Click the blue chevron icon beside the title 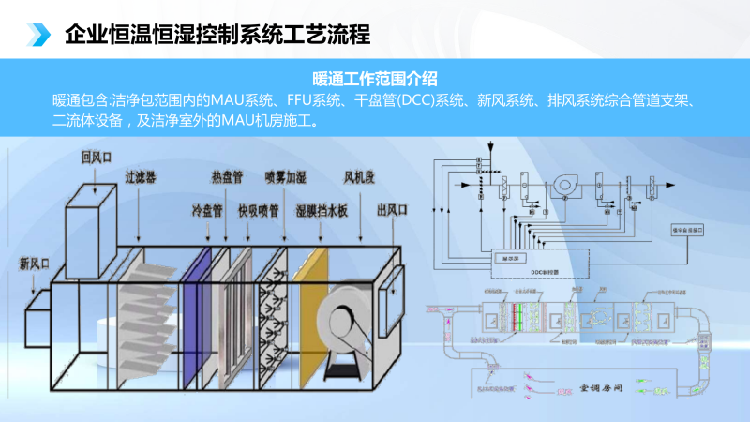[x=38, y=35]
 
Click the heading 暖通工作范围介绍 [x=375, y=78]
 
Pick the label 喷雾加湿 [x=286, y=176]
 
